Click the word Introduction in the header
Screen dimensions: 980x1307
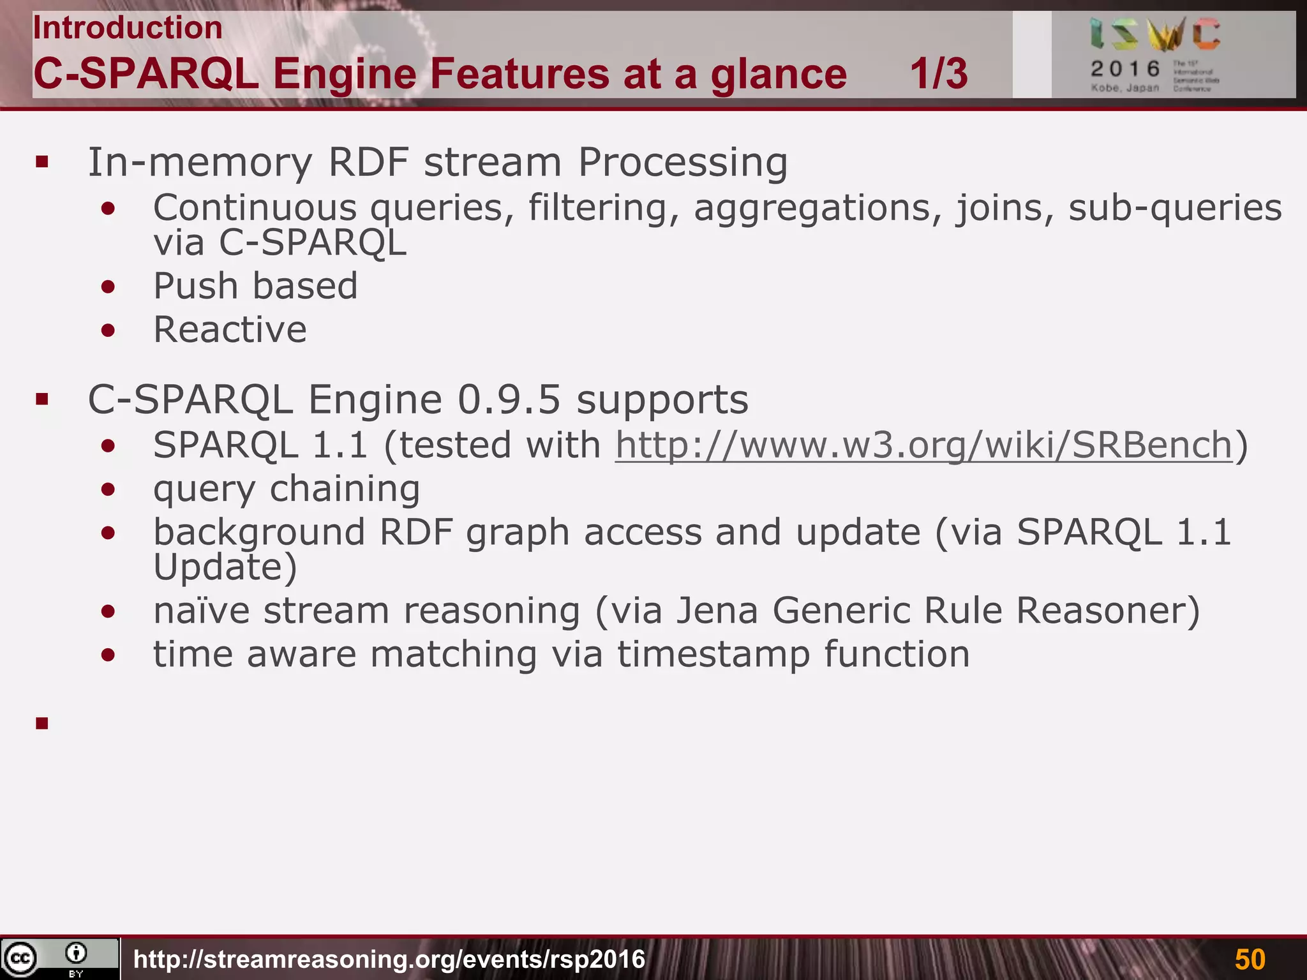[128, 28]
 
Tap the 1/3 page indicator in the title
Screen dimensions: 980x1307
[938, 73]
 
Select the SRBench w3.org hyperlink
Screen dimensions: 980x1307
[923, 445]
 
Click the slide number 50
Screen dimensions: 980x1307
[1250, 959]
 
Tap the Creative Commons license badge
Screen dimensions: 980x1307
[59, 958]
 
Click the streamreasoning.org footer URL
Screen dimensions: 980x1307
[389, 959]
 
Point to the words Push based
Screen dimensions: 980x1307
[255, 286]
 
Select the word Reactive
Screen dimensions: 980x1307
[230, 330]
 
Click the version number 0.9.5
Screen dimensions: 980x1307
[509, 400]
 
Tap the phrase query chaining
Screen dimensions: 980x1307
[287, 489]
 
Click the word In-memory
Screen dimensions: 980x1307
[200, 162]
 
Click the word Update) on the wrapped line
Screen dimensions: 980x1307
[225, 567]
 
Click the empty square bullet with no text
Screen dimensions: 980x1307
[42, 723]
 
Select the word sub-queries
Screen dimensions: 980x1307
[1175, 208]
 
